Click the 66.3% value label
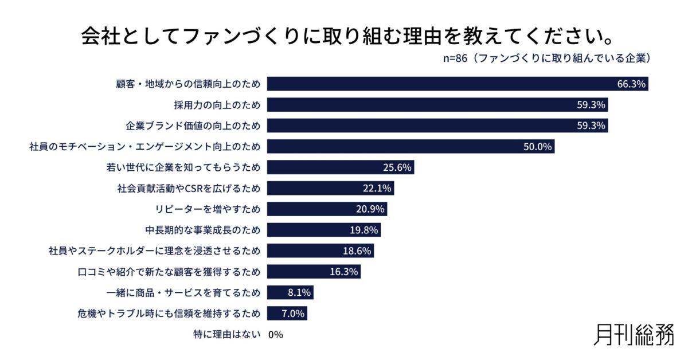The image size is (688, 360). coord(631,84)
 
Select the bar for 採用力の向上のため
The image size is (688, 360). coord(437,105)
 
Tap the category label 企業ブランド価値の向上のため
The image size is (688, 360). coord(193,126)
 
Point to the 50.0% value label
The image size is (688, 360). coord(537,146)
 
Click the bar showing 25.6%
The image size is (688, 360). coord(341,167)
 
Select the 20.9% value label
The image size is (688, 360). coord(370,209)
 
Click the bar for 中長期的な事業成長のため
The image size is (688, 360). coord(324,230)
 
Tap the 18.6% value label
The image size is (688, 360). coord(357,251)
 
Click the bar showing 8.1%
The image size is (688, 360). coord(290,292)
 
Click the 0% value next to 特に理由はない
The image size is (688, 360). coord(276,334)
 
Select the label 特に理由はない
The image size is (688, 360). coord(227,334)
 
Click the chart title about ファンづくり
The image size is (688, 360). coord(344,36)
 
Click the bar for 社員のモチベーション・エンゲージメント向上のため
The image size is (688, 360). coord(411,146)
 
